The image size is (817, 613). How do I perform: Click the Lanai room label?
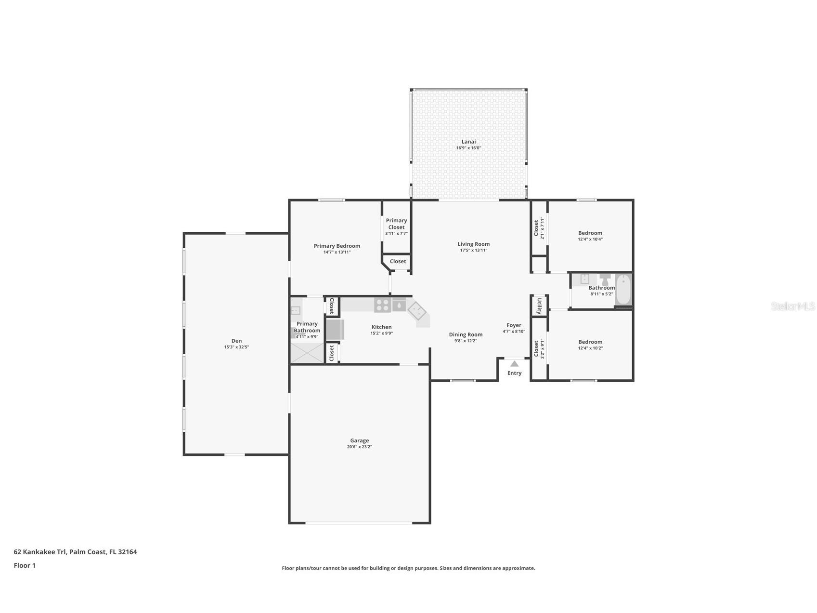click(468, 142)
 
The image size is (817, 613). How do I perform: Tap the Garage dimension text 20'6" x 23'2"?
click(359, 447)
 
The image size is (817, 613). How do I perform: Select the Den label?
click(236, 341)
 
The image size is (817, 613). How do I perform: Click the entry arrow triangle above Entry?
click(514, 364)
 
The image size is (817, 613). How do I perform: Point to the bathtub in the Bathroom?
click(623, 290)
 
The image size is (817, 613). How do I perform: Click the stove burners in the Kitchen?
click(383, 305)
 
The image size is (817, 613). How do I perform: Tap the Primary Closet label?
click(396, 224)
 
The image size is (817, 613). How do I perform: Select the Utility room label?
click(539, 306)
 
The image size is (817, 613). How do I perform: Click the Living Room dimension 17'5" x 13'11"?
click(473, 251)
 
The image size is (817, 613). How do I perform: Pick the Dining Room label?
click(466, 334)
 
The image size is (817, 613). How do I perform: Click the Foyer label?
click(514, 325)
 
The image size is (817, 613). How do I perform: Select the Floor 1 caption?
click(25, 566)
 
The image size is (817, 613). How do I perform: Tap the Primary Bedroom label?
click(337, 246)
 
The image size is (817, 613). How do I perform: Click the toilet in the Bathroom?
click(605, 280)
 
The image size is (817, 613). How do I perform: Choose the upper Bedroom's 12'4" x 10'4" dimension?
click(590, 240)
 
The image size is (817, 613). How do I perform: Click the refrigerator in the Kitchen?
click(335, 330)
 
